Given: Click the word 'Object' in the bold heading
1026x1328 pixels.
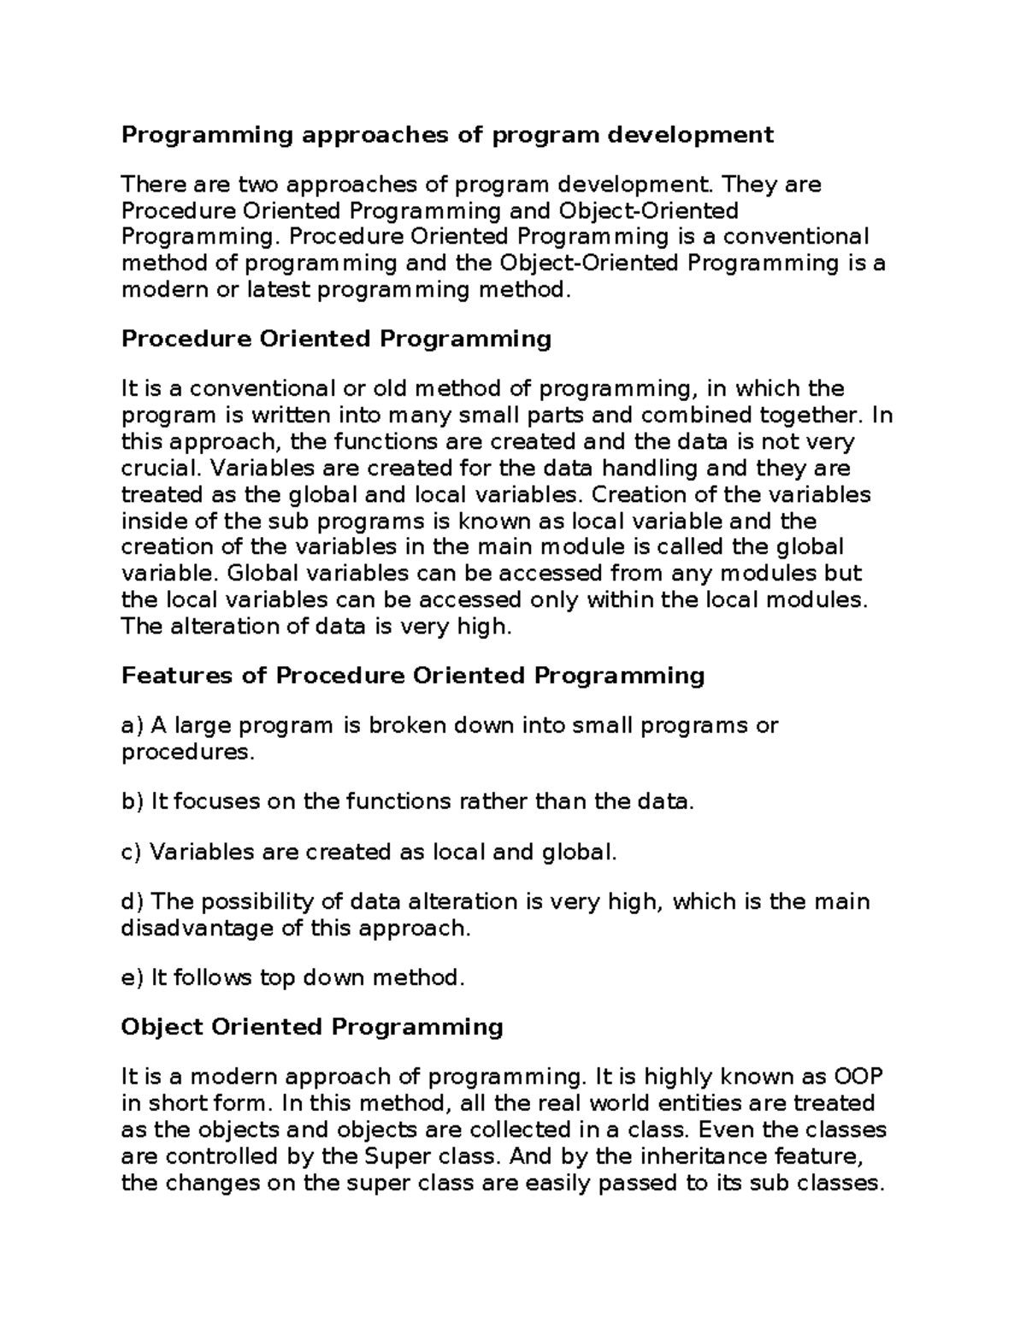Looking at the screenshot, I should pyautogui.click(x=162, y=1026).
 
